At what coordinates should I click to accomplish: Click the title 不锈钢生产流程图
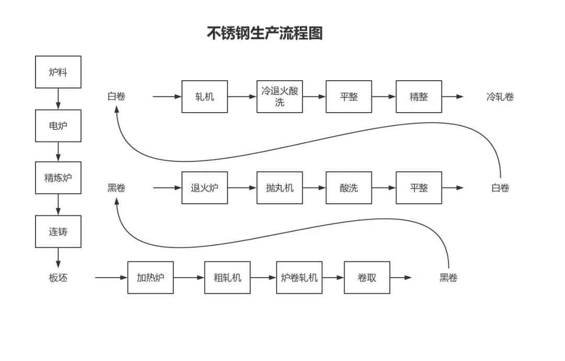(x=265, y=33)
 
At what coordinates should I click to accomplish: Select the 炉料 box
(x=58, y=72)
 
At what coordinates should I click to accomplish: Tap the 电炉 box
(x=58, y=126)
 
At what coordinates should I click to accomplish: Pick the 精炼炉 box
(x=58, y=178)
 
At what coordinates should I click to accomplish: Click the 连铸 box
(x=58, y=232)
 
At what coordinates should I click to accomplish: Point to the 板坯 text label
(x=58, y=278)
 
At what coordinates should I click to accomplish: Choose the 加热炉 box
(x=150, y=278)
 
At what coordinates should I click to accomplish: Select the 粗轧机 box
(x=228, y=278)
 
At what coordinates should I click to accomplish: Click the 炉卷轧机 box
(x=299, y=278)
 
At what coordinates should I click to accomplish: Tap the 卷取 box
(x=367, y=278)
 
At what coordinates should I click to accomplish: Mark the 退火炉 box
(x=205, y=188)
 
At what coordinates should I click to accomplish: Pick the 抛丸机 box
(x=279, y=188)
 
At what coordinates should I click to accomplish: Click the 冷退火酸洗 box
(x=279, y=96)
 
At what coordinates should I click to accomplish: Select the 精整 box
(x=419, y=96)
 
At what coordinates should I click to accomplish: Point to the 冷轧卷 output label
(x=500, y=97)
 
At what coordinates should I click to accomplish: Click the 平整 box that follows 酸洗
(x=419, y=188)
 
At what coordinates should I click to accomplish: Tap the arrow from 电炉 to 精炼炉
(x=58, y=151)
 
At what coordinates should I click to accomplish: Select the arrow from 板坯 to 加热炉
(x=111, y=278)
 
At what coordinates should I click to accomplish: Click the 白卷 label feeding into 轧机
(x=116, y=96)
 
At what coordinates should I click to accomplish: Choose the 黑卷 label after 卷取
(x=448, y=278)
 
